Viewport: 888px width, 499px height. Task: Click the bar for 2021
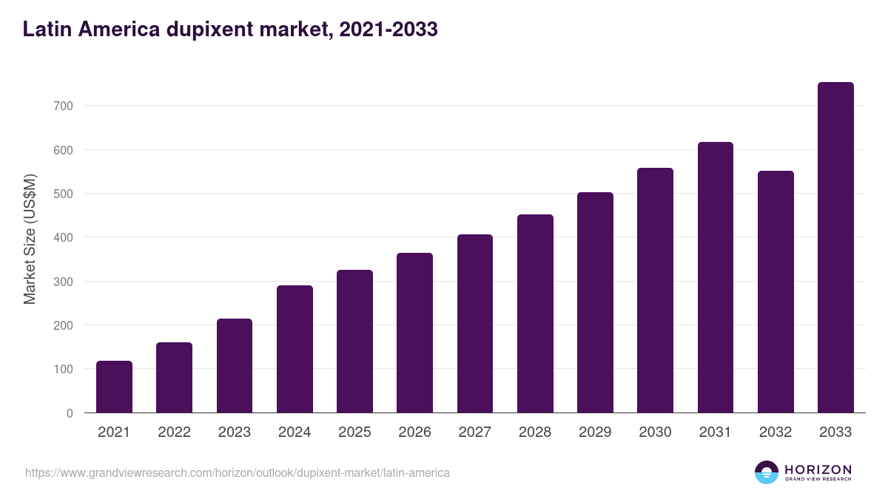[114, 387]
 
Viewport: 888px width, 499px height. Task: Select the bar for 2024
[295, 349]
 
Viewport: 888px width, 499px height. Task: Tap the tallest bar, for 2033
[835, 248]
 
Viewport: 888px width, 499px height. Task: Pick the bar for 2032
[776, 292]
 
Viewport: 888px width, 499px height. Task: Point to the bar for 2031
[716, 277]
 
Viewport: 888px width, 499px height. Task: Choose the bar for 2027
[475, 324]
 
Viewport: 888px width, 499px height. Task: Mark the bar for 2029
[595, 302]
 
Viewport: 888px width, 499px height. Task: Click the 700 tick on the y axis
[64, 106]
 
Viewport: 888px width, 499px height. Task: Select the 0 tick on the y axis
[70, 413]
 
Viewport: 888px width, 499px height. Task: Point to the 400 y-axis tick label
[64, 238]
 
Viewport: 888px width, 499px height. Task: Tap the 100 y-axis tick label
[64, 370]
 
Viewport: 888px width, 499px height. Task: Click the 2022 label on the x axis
[174, 432]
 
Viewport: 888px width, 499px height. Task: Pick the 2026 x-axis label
[414, 432]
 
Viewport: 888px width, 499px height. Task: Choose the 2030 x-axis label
[655, 432]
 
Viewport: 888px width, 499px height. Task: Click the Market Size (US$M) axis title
[30, 240]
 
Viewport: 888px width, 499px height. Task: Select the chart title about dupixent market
[230, 30]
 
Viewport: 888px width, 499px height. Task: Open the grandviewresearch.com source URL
[237, 472]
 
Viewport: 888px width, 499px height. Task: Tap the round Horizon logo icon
[767, 472]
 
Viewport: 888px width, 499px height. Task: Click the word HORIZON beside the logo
[818, 469]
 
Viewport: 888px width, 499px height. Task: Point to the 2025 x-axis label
[354, 432]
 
